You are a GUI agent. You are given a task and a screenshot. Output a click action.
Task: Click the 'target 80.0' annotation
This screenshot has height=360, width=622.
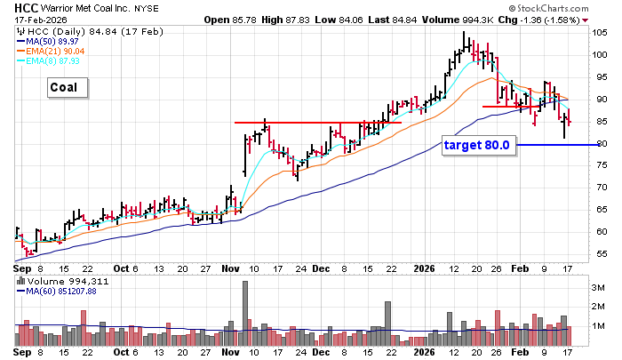pos(481,145)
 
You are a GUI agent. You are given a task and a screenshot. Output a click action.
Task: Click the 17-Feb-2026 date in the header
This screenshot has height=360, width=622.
pos(31,19)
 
